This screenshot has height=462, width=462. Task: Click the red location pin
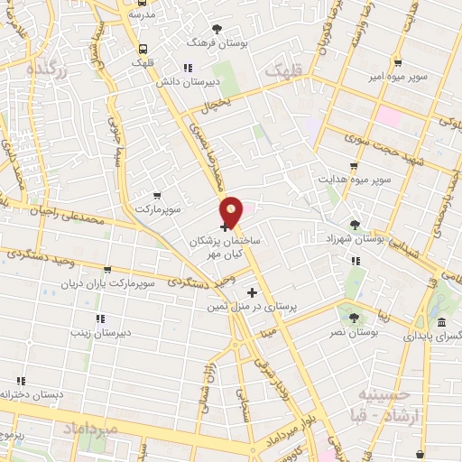click(232, 212)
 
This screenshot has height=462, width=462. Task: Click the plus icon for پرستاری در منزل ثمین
click(252, 292)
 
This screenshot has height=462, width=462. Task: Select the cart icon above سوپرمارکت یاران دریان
click(108, 269)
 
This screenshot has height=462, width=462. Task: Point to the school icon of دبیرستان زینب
click(99, 318)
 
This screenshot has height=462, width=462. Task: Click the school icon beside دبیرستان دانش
click(187, 67)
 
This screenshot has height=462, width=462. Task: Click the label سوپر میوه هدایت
click(354, 179)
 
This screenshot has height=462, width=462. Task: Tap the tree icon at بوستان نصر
click(353, 318)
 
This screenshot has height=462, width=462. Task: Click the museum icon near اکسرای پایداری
click(440, 323)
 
